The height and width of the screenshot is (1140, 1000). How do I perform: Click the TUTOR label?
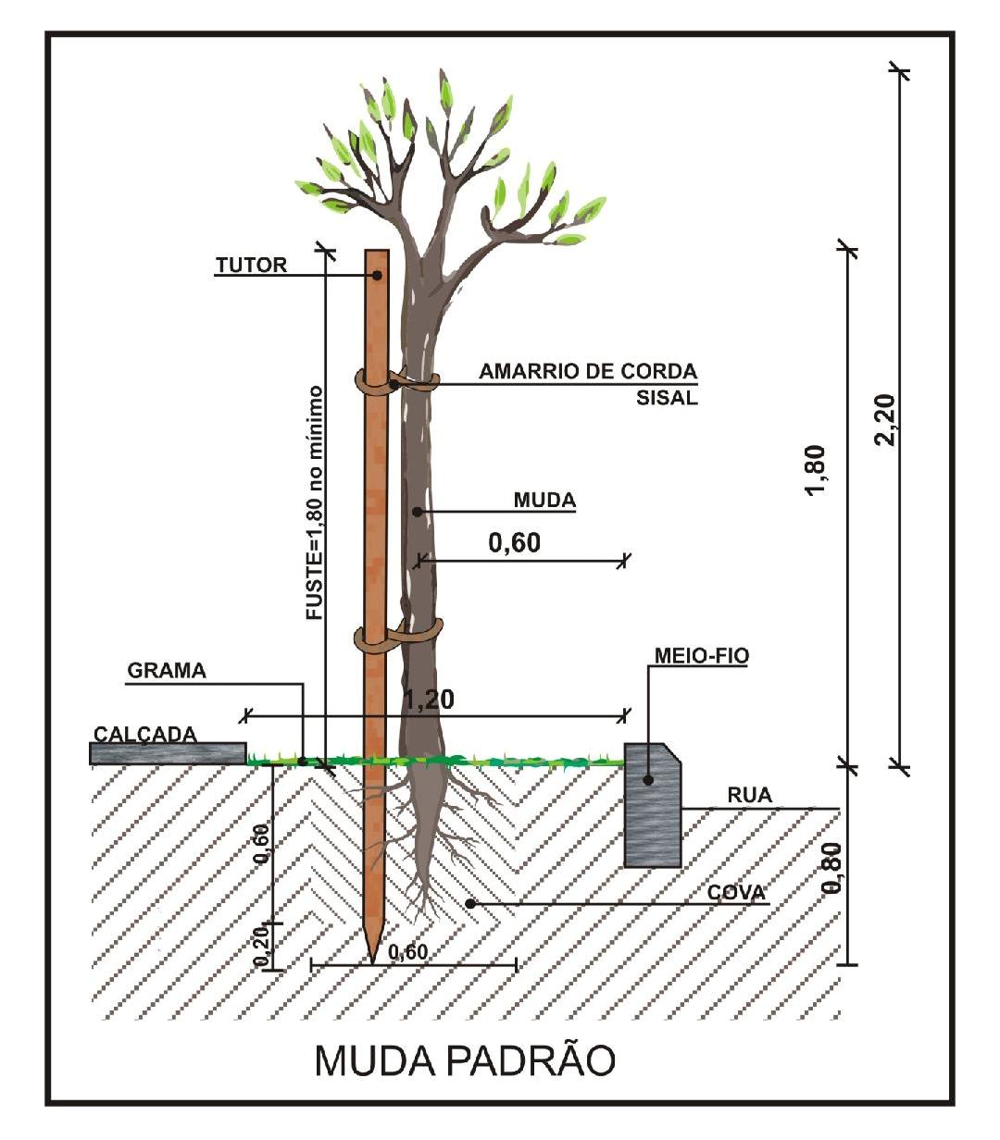(x=251, y=266)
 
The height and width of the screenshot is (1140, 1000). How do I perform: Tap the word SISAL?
(x=667, y=399)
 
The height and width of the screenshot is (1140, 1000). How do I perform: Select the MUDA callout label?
(x=544, y=501)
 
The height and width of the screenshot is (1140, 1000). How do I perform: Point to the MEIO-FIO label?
(x=702, y=656)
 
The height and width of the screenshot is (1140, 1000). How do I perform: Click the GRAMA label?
(x=167, y=671)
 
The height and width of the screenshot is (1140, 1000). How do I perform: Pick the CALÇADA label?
(x=144, y=734)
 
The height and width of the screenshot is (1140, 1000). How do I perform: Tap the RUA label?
(x=749, y=795)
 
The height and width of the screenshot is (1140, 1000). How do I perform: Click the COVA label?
(x=736, y=893)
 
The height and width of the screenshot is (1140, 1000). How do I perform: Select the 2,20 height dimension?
(x=886, y=421)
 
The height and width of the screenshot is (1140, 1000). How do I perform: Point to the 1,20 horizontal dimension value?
(x=430, y=700)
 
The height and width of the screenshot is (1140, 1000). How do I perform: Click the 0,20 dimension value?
(x=262, y=945)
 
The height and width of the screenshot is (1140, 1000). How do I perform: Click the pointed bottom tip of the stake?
(x=372, y=957)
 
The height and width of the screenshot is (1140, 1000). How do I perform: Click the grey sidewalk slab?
(x=168, y=753)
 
